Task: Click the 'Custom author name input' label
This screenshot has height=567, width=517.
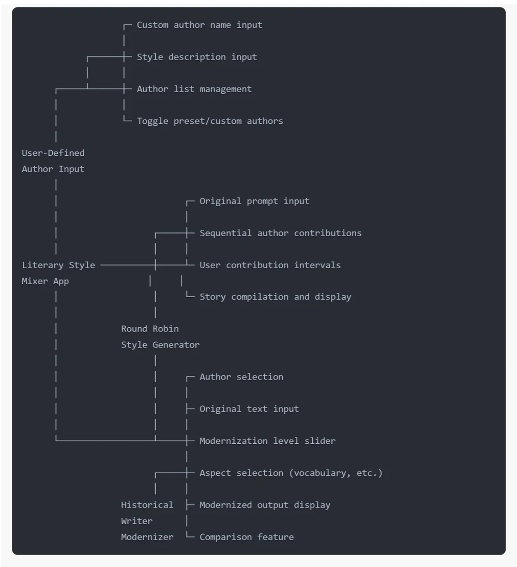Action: pyautogui.click(x=199, y=25)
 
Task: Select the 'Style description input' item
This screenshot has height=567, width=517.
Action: pyautogui.click(x=196, y=57)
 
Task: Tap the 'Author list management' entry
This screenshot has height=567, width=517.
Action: pyautogui.click(x=194, y=89)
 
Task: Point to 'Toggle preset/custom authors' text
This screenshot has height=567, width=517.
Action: pyautogui.click(x=210, y=121)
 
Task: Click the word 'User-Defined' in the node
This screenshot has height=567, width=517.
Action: pyautogui.click(x=53, y=153)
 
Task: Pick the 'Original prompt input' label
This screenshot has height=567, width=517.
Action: pyautogui.click(x=254, y=201)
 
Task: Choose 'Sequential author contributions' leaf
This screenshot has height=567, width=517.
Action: pyautogui.click(x=280, y=233)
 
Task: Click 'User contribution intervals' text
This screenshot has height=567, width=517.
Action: pyautogui.click(x=270, y=265)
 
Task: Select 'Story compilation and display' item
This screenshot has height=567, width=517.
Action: pyautogui.click(x=275, y=297)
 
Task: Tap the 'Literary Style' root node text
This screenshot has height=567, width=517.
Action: pyautogui.click(x=58, y=265)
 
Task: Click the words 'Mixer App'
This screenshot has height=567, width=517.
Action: pyautogui.click(x=45, y=281)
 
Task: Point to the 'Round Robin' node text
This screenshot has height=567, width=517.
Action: pyautogui.click(x=150, y=329)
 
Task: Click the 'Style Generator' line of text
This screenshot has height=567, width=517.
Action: pyautogui.click(x=160, y=345)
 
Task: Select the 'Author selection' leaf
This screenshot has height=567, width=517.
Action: pyautogui.click(x=241, y=377)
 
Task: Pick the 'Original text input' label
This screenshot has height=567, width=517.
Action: pyautogui.click(x=249, y=409)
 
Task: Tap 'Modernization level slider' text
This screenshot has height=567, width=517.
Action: pyautogui.click(x=267, y=441)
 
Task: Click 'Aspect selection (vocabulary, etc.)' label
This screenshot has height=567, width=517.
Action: pyautogui.click(x=291, y=473)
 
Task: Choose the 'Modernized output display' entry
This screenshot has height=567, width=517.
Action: pyautogui.click(x=265, y=505)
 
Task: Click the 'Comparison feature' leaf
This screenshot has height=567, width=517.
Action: pyautogui.click(x=247, y=537)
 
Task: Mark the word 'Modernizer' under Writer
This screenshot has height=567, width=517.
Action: pyautogui.click(x=147, y=537)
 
